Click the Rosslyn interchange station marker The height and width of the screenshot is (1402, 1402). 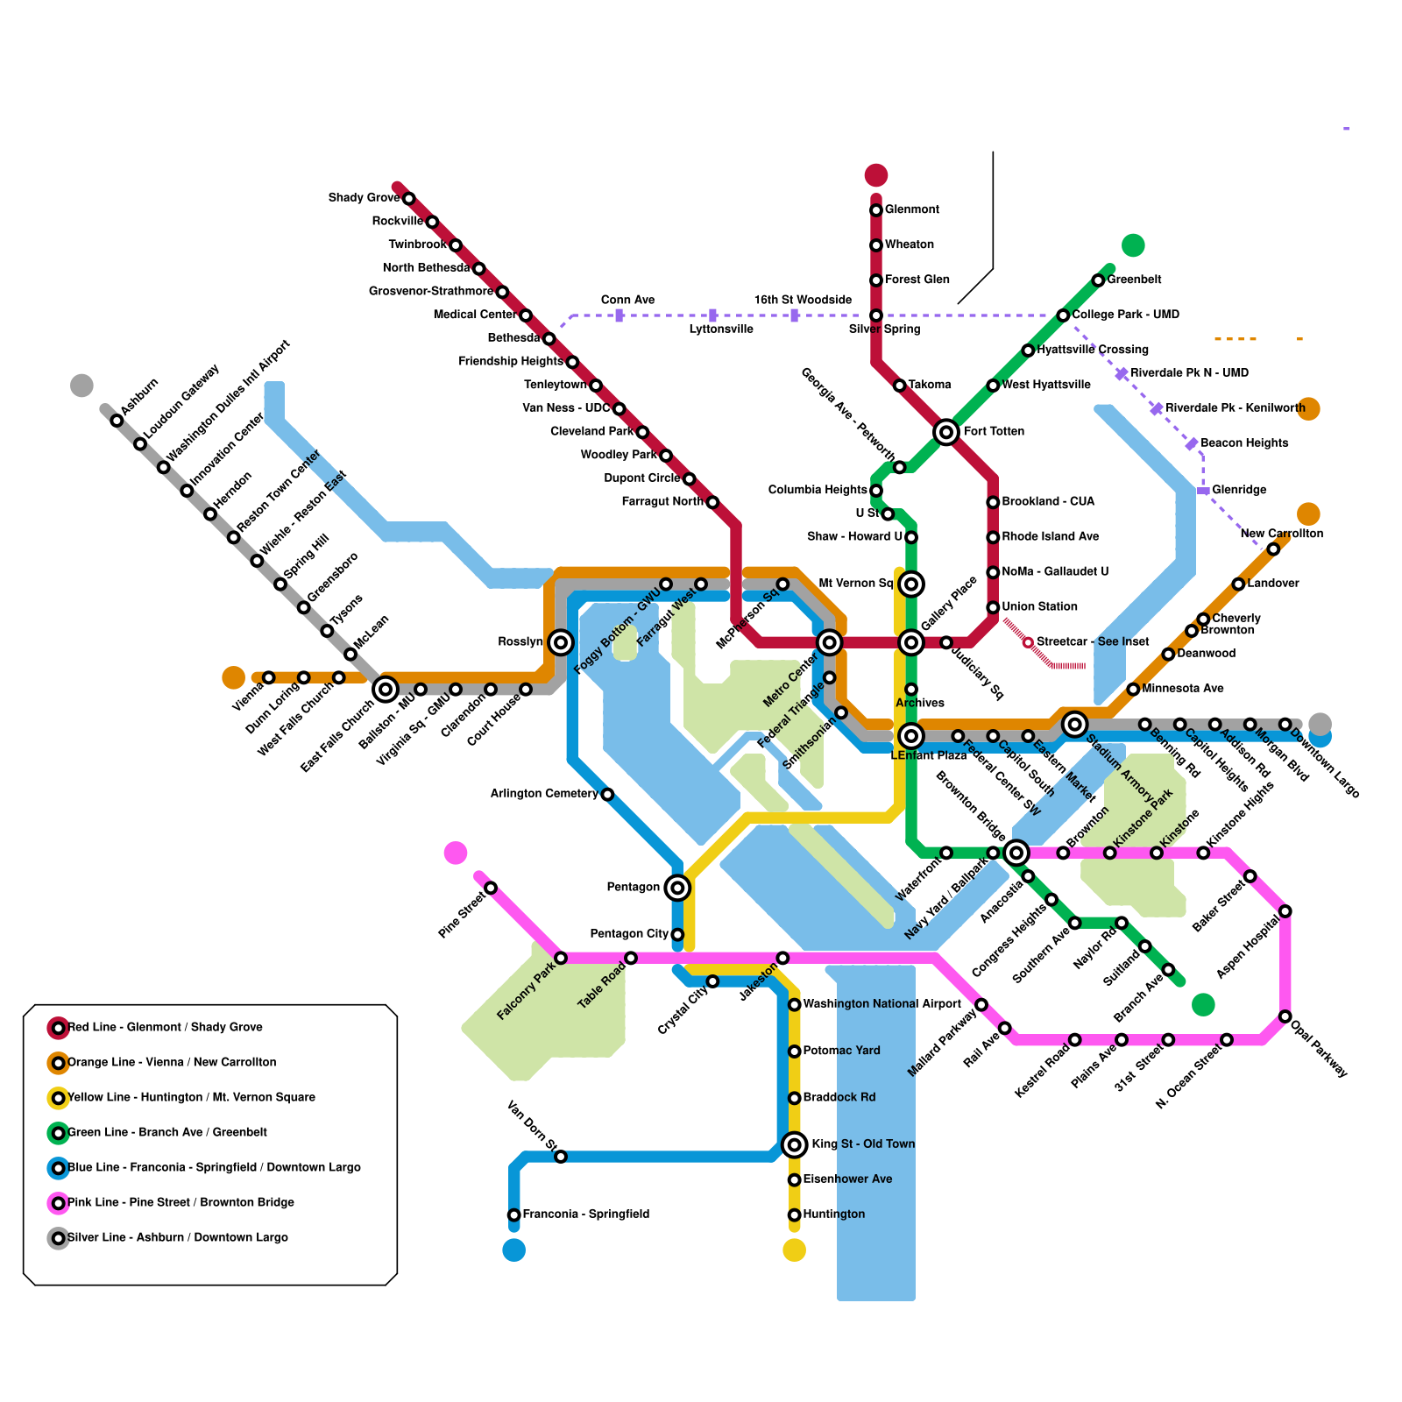pyautogui.click(x=561, y=642)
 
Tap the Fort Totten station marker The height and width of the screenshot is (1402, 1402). pyautogui.click(x=945, y=431)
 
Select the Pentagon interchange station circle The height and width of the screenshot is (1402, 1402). pyautogui.click(x=676, y=888)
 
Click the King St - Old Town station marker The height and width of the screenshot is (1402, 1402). pyautogui.click(x=794, y=1144)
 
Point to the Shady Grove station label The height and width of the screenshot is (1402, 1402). pyautogui.click(x=364, y=198)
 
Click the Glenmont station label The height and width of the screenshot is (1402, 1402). pyautogui.click(x=911, y=209)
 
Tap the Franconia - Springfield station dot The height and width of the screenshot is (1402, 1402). pyautogui.click(x=513, y=1214)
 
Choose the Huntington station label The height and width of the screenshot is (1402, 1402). pyautogui.click(x=833, y=1214)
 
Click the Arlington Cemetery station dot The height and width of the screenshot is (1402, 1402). pyautogui.click(x=607, y=794)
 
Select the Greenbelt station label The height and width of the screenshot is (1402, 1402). pyautogui.click(x=1134, y=280)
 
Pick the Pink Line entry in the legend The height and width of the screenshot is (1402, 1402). pyautogui.click(x=181, y=1202)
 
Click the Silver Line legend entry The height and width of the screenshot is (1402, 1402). pyautogui.click(x=177, y=1237)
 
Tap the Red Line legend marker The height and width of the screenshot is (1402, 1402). pyautogui.click(x=58, y=1027)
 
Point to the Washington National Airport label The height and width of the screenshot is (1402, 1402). pyautogui.click(x=882, y=1004)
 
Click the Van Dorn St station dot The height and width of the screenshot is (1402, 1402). pyautogui.click(x=561, y=1157)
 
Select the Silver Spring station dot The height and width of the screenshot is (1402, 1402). pyautogui.click(x=875, y=315)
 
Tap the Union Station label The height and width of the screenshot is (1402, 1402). pyautogui.click(x=1039, y=606)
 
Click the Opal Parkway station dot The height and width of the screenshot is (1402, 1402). pyautogui.click(x=1285, y=1016)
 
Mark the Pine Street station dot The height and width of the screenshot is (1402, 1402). pyautogui.click(x=491, y=888)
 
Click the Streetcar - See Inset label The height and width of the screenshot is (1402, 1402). pyautogui.click(x=1092, y=642)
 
